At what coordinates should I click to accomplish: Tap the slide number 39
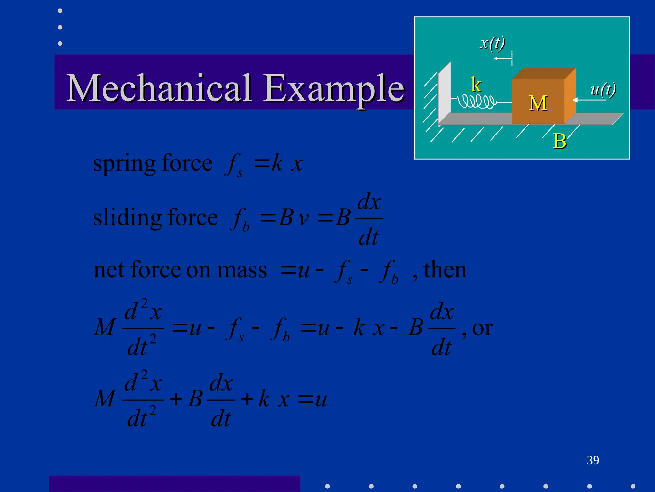(x=593, y=460)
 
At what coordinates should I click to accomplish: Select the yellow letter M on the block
(x=538, y=103)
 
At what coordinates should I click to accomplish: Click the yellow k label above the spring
(x=476, y=85)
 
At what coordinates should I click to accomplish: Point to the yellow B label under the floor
(x=559, y=141)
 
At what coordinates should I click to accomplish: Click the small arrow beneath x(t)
(x=502, y=59)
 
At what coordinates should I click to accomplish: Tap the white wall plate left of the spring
(x=445, y=93)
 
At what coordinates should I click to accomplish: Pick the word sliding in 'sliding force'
(x=127, y=217)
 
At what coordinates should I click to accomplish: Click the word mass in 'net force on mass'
(x=242, y=270)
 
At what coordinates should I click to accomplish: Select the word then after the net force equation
(x=445, y=270)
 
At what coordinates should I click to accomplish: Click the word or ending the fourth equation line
(x=482, y=328)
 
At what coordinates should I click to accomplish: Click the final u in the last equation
(x=321, y=400)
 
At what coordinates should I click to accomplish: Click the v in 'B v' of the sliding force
(x=304, y=219)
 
